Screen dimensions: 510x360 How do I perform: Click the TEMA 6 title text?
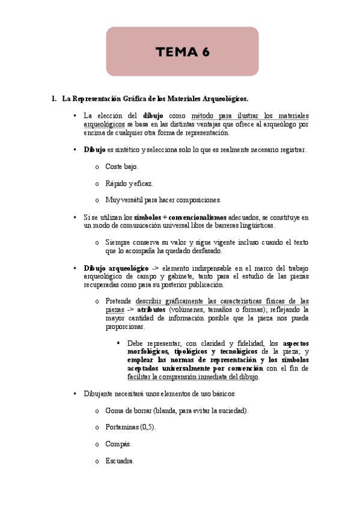coord(183,52)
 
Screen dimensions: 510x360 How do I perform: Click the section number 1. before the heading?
coord(54,98)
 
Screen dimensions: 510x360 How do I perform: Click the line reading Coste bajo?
coord(121,166)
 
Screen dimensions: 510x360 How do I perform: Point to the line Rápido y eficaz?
coord(129,183)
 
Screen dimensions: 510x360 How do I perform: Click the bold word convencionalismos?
coord(198,217)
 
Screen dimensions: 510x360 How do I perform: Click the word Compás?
coord(118,444)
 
